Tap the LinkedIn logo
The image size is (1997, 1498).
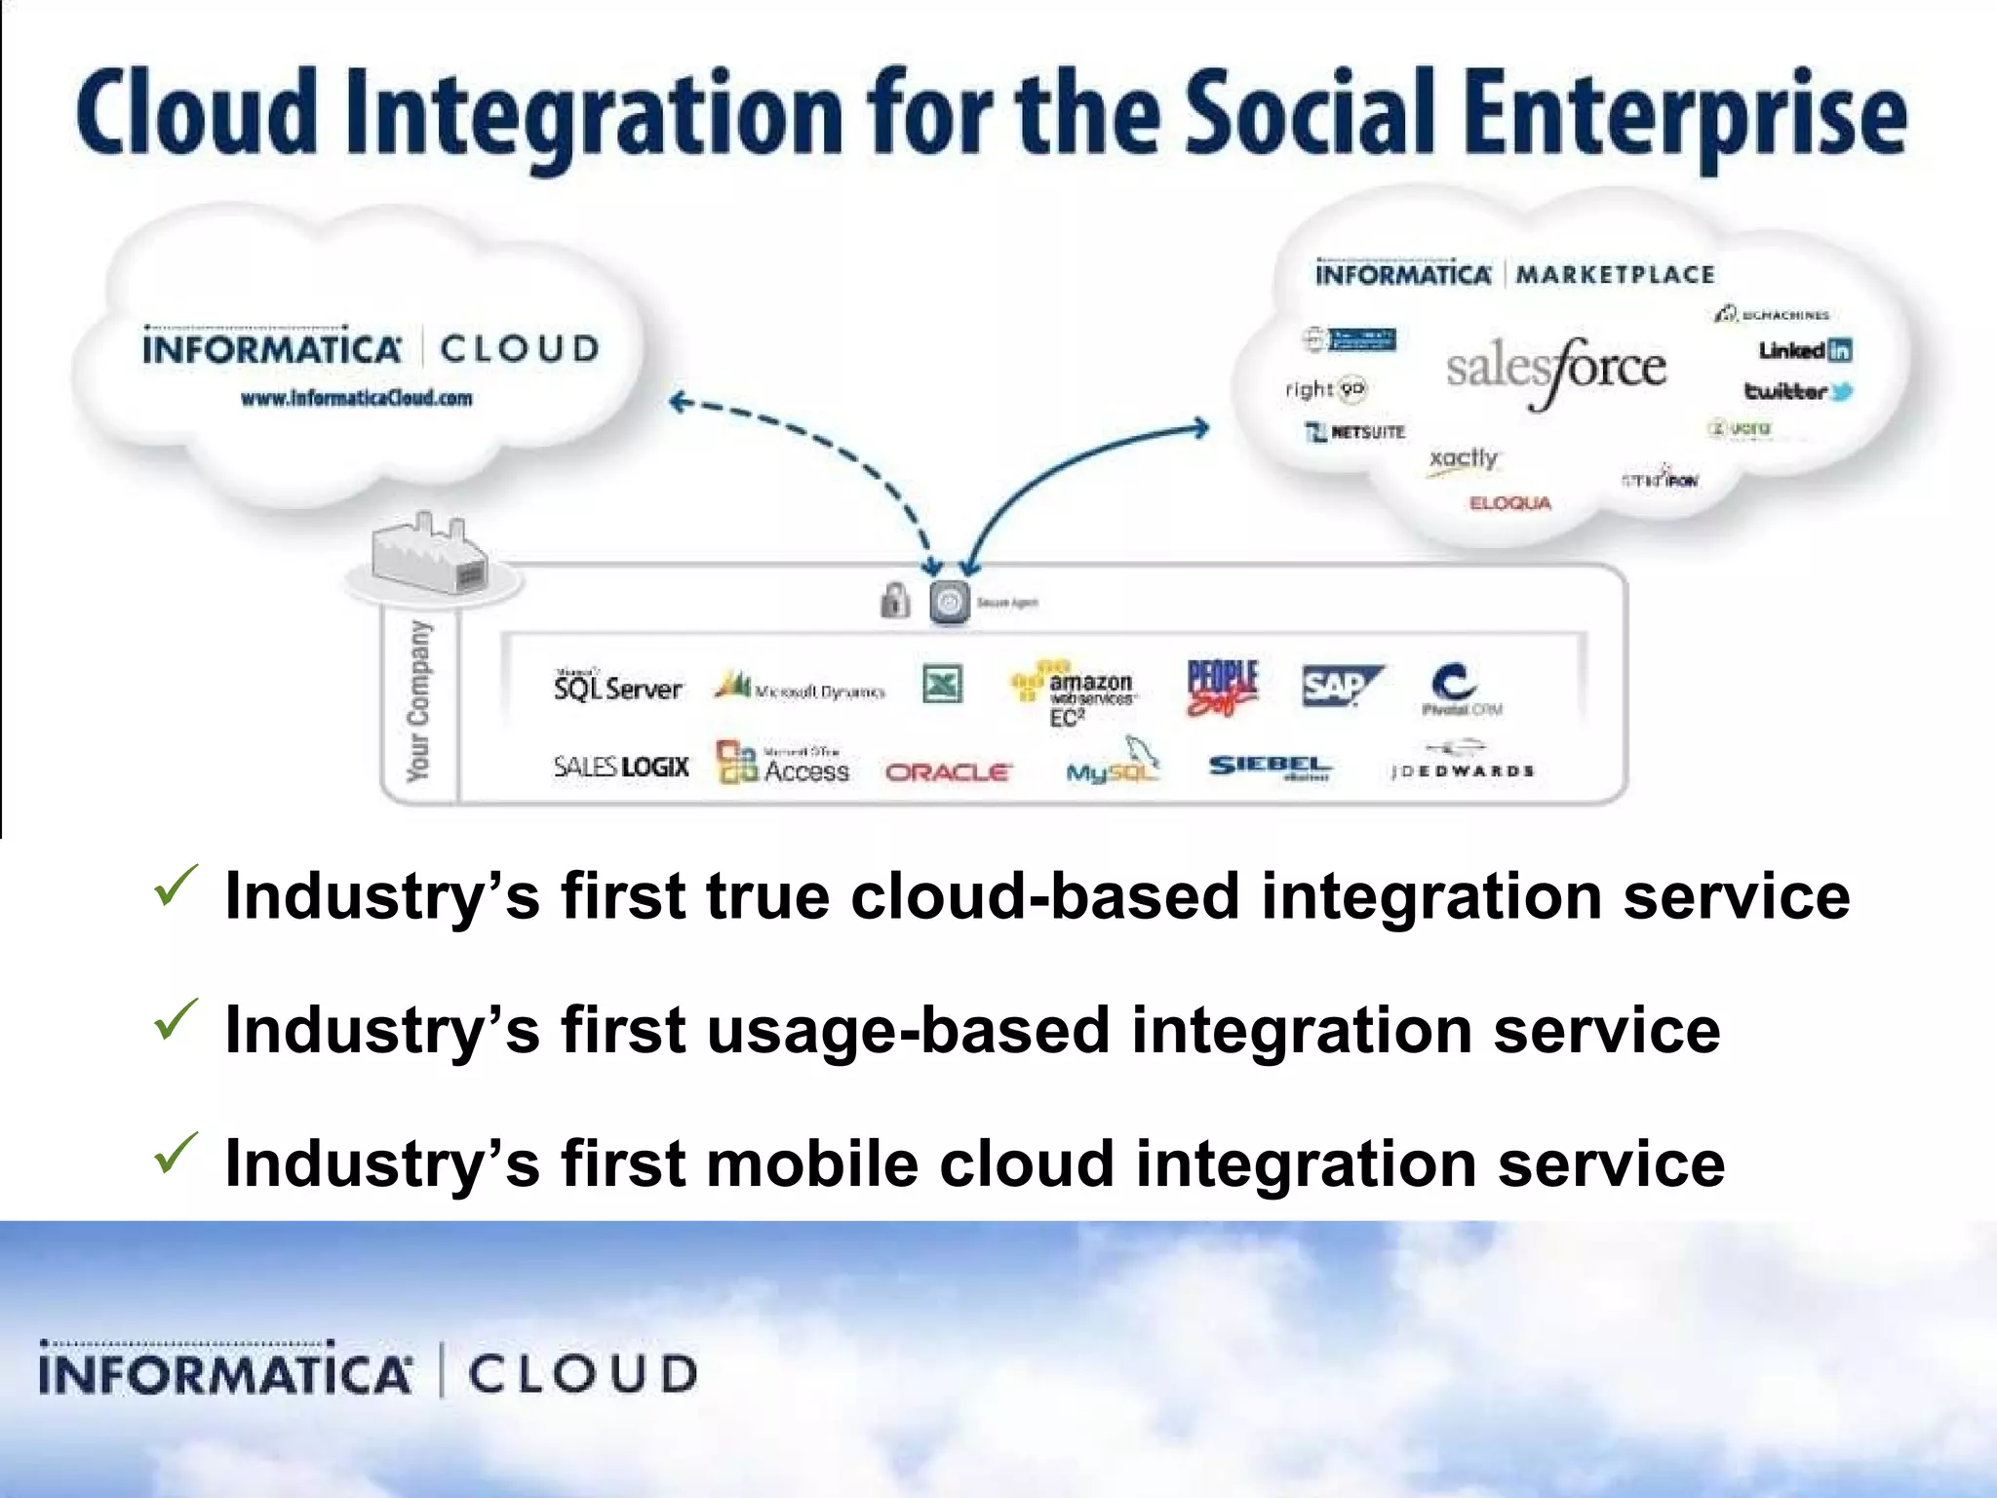pos(1805,350)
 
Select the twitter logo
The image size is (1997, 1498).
pos(1798,391)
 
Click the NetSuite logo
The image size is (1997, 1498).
pos(1356,432)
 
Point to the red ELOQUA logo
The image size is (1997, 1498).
pos(1509,503)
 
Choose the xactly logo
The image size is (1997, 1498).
pos(1463,460)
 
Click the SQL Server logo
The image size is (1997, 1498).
pos(617,687)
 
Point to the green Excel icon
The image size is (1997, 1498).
pos(942,684)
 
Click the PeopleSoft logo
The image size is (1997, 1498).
pos(1223,687)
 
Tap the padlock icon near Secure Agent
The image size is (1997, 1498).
pos(894,601)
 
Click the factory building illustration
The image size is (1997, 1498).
pos(430,556)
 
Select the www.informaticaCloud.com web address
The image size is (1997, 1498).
pos(357,398)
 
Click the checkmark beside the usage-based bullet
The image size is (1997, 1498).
pos(176,1021)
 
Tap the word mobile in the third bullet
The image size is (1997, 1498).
pos(811,1163)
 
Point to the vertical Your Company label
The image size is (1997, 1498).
pos(417,700)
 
